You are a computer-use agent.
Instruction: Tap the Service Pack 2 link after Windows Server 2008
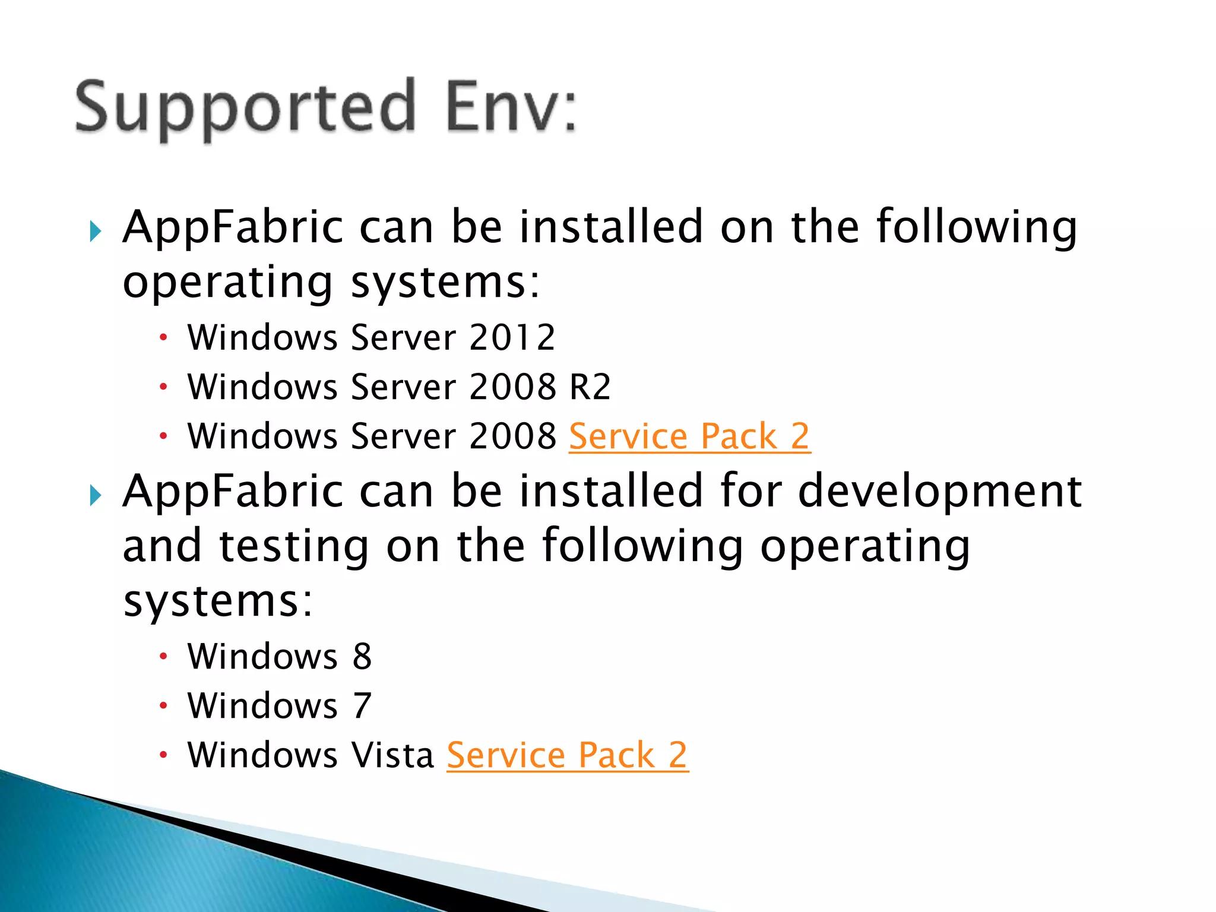[x=689, y=436]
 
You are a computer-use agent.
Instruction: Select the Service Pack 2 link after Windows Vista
[x=567, y=755]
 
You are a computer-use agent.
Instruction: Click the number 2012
[x=512, y=338]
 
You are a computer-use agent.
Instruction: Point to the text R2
[x=590, y=387]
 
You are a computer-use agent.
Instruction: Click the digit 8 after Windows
[x=362, y=657]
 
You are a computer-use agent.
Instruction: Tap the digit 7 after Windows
[x=362, y=706]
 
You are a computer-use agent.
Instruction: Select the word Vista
[x=392, y=755]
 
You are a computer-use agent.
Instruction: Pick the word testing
[x=294, y=546]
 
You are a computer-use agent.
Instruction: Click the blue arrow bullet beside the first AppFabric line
[x=96, y=232]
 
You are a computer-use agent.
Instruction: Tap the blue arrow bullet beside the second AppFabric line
[x=96, y=495]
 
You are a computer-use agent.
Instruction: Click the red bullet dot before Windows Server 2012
[x=164, y=338]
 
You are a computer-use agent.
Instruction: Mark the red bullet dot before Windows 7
[x=164, y=706]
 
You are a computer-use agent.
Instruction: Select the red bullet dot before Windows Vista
[x=164, y=755]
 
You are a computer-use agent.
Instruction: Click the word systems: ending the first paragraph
[x=445, y=283]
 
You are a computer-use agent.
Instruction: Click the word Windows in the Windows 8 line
[x=262, y=657]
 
